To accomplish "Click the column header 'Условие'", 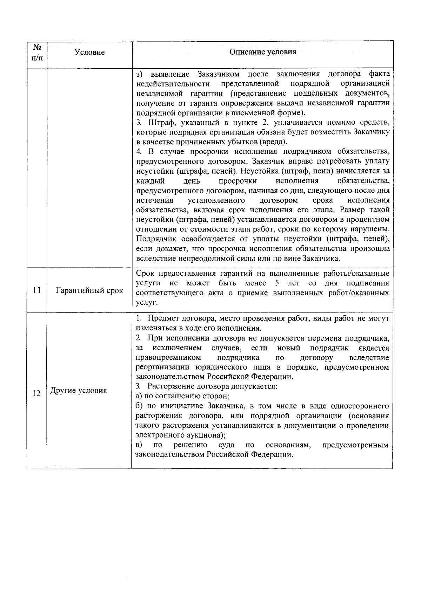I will tap(89, 53).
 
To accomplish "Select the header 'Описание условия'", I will tap(262, 52).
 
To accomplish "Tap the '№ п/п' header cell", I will tap(36, 52).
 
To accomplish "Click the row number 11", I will tap(36, 290).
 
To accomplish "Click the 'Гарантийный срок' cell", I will tap(89, 290).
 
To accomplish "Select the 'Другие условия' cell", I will tap(79, 391).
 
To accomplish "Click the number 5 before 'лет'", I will tap(277, 283).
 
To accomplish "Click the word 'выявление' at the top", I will tap(170, 74).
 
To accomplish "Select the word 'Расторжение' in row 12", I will tap(170, 387).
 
